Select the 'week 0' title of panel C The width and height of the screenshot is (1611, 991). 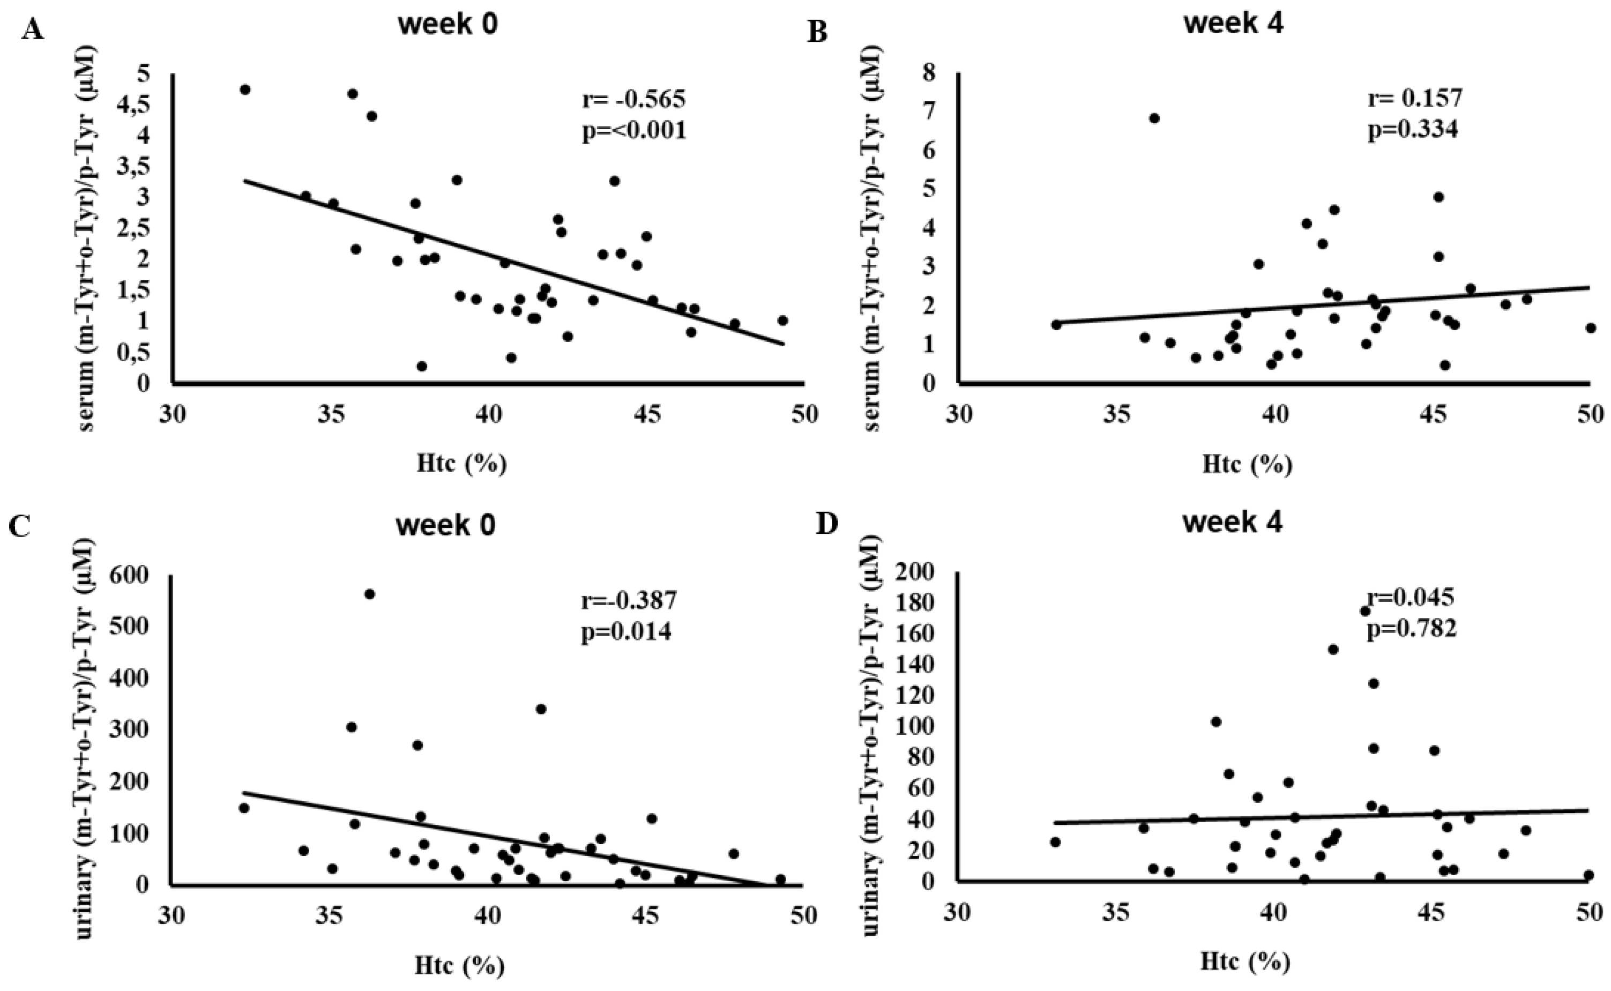pos(446,526)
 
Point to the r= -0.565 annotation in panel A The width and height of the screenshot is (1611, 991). pos(634,100)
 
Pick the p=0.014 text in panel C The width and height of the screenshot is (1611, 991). pos(626,632)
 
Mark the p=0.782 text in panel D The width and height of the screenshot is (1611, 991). pos(1411,629)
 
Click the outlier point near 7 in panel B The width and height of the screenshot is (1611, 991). pos(1154,118)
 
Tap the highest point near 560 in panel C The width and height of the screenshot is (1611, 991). pos(370,594)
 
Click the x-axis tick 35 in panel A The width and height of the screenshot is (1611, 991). pos(329,415)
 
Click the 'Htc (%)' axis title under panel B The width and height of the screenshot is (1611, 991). pos(1247,465)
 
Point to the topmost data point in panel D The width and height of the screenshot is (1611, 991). pos(1365,611)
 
